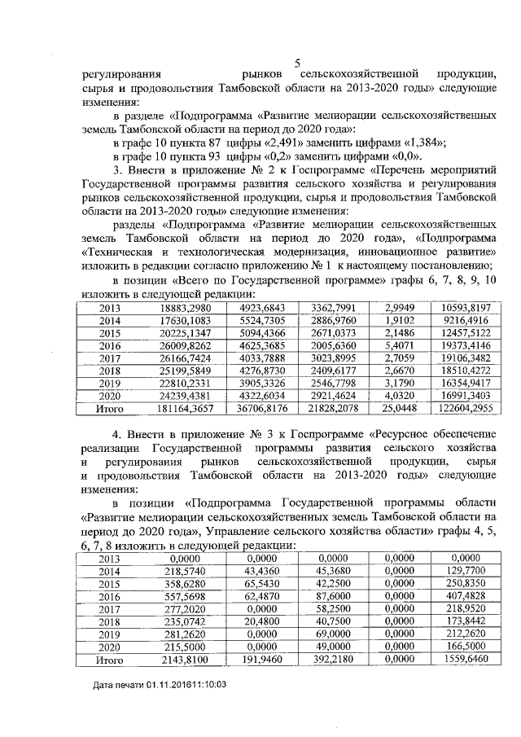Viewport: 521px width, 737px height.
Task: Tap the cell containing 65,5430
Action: pos(261,585)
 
